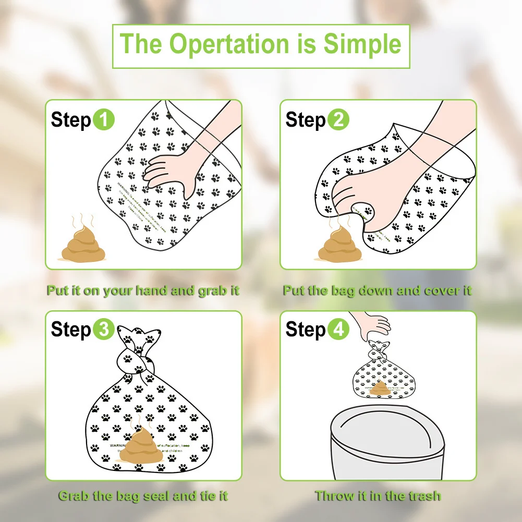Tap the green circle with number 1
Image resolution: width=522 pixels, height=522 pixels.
(104, 120)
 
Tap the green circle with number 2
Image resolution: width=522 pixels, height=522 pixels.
(338, 120)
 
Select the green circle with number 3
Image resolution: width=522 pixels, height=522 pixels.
(104, 330)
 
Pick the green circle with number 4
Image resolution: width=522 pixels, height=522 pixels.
(338, 330)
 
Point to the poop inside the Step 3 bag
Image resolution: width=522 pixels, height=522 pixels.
(142, 445)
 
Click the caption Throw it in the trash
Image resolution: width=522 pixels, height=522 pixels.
(378, 496)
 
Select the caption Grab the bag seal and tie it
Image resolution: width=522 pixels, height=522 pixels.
(143, 496)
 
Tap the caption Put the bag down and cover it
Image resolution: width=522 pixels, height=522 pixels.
(377, 290)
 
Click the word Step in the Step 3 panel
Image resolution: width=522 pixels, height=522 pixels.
(71, 330)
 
